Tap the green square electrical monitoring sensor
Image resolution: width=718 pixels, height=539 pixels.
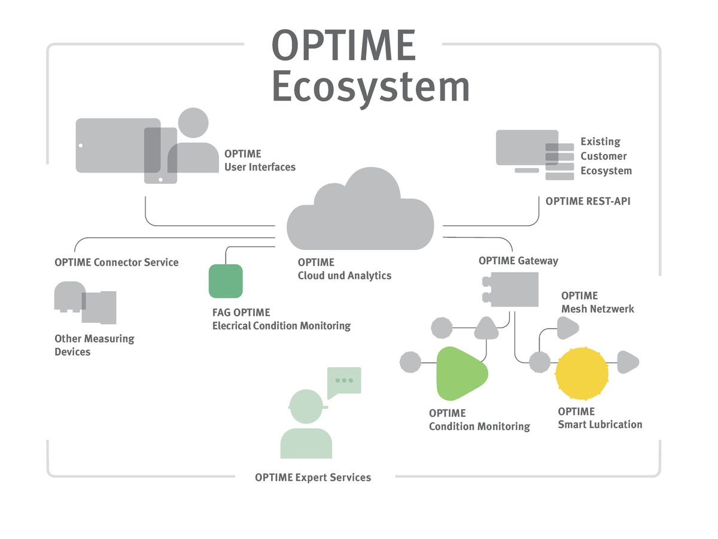[226, 281]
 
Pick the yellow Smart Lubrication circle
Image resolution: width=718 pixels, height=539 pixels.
[582, 374]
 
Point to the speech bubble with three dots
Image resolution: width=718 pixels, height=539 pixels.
[344, 380]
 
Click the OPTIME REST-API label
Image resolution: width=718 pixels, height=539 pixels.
[588, 202]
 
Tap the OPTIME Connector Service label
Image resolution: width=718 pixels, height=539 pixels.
[116, 262]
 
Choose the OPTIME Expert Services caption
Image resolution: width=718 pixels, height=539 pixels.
[313, 477]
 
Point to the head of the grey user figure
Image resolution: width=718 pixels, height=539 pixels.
[193, 123]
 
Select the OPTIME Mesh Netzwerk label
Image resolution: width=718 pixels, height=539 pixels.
[597, 302]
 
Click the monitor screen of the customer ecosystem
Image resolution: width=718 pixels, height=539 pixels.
[527, 147]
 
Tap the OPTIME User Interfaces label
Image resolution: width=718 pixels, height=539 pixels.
[260, 161]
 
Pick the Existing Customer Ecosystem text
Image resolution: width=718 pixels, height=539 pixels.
[606, 156]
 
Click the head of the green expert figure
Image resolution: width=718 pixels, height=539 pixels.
[306, 406]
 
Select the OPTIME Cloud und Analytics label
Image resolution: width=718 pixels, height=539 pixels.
[345, 269]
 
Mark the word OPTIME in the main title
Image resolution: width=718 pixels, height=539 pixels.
[343, 46]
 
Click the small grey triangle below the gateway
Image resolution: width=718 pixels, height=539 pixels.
[486, 328]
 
